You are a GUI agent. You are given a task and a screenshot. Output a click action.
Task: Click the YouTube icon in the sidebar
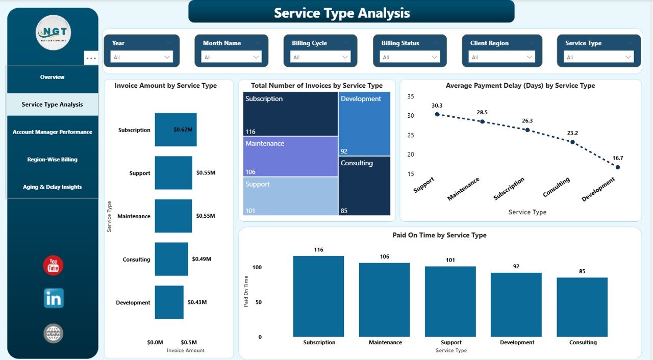click(53, 266)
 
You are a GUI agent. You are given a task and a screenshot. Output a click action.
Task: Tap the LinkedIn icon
click(54, 298)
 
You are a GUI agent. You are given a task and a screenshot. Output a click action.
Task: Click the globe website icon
click(54, 333)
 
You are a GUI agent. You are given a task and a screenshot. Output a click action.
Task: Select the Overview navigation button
click(53, 77)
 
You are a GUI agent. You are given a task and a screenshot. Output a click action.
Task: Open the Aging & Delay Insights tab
click(53, 187)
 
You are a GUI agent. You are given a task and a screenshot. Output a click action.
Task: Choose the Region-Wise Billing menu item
click(53, 160)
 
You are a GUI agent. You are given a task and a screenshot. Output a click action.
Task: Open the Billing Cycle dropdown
click(320, 57)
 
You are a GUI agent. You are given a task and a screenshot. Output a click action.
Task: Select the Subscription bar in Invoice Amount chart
click(175, 130)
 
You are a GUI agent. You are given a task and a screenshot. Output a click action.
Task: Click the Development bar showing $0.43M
click(169, 302)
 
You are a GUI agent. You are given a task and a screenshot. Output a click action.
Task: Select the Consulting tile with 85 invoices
click(365, 186)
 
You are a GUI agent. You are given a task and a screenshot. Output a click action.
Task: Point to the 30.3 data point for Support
click(437, 114)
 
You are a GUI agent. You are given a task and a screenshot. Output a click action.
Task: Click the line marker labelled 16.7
click(618, 167)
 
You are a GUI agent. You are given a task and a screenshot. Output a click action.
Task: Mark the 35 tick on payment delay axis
click(411, 96)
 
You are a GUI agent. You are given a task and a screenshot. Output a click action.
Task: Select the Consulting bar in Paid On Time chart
click(582, 307)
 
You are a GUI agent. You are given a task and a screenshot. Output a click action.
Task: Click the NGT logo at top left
click(53, 33)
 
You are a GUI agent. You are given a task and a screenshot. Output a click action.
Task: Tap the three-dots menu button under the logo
click(91, 58)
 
